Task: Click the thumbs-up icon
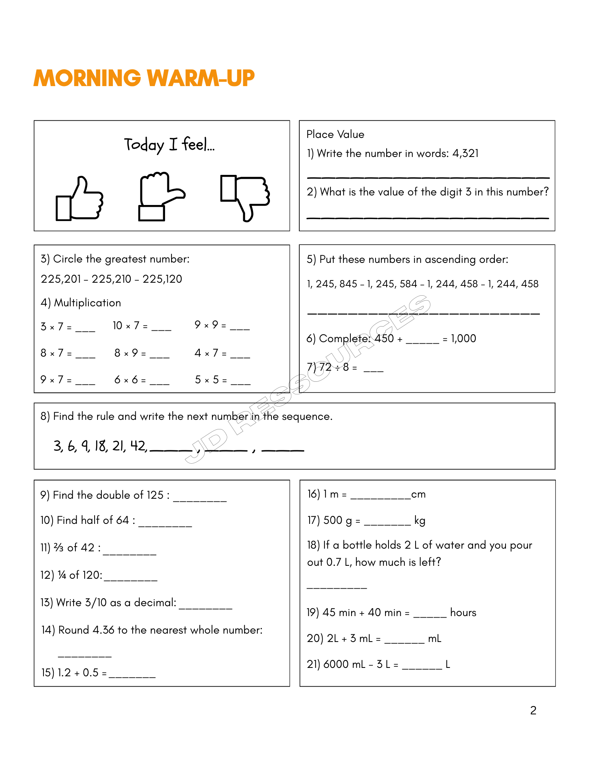80,199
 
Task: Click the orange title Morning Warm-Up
144,78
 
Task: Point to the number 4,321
465,154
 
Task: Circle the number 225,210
111,279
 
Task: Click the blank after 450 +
422,341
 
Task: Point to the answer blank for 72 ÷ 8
373,370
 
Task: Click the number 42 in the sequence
138,446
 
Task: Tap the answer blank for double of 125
200,499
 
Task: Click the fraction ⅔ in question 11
59,548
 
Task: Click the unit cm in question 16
418,495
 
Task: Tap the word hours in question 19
463,613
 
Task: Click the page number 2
533,711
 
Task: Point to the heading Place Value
335,134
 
